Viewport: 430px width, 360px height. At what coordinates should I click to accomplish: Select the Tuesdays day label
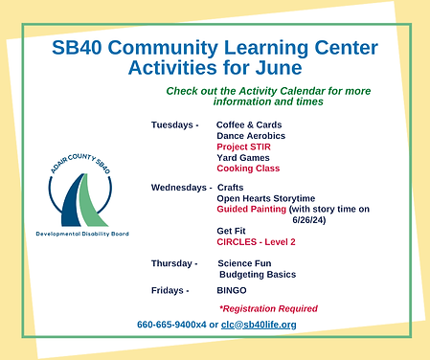tap(174, 125)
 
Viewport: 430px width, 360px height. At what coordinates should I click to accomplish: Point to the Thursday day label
tap(173, 262)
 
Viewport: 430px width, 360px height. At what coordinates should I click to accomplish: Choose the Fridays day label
tap(170, 289)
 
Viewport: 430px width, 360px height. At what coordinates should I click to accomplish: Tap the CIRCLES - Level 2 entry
tap(256, 241)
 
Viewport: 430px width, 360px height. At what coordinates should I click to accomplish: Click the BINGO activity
tap(232, 289)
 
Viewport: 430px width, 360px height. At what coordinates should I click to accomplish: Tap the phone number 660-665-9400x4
tap(171, 325)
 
